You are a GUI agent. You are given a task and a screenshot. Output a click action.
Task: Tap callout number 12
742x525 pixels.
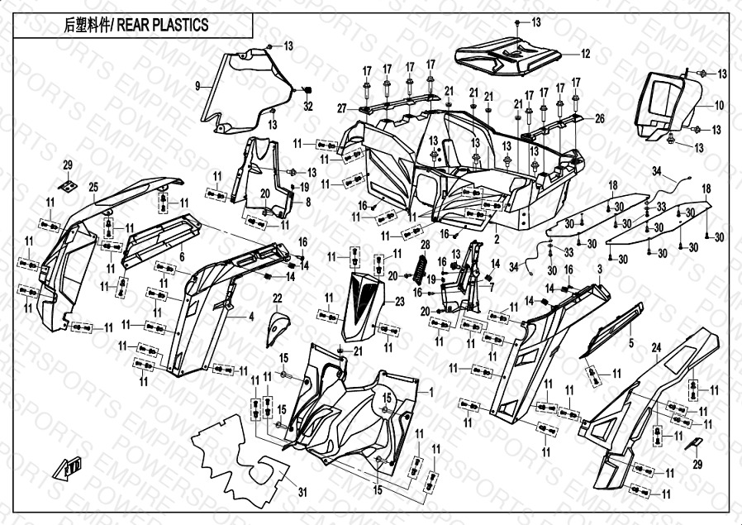pos(585,55)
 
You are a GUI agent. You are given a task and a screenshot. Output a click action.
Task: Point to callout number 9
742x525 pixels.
pos(198,86)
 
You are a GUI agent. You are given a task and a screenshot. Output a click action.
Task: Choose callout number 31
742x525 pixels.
pos(302,493)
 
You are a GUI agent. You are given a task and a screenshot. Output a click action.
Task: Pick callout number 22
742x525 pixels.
pos(278,298)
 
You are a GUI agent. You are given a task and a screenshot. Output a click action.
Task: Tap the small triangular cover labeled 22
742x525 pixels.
pos(278,328)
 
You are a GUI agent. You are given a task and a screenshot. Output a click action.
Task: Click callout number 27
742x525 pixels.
pos(341,108)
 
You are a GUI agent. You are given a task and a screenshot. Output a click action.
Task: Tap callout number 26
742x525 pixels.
pos(600,118)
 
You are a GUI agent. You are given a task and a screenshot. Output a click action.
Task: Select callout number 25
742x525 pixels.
pos(93,187)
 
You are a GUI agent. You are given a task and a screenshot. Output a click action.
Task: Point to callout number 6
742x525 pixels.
pos(182,257)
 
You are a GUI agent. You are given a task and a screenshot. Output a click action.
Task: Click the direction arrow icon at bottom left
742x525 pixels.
pos(69,469)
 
